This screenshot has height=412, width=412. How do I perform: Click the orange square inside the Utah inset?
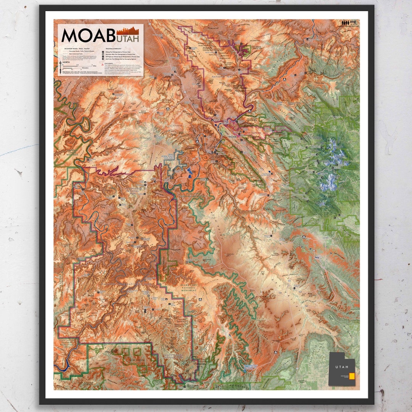(352, 376)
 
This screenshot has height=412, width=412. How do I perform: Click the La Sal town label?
(325, 237)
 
